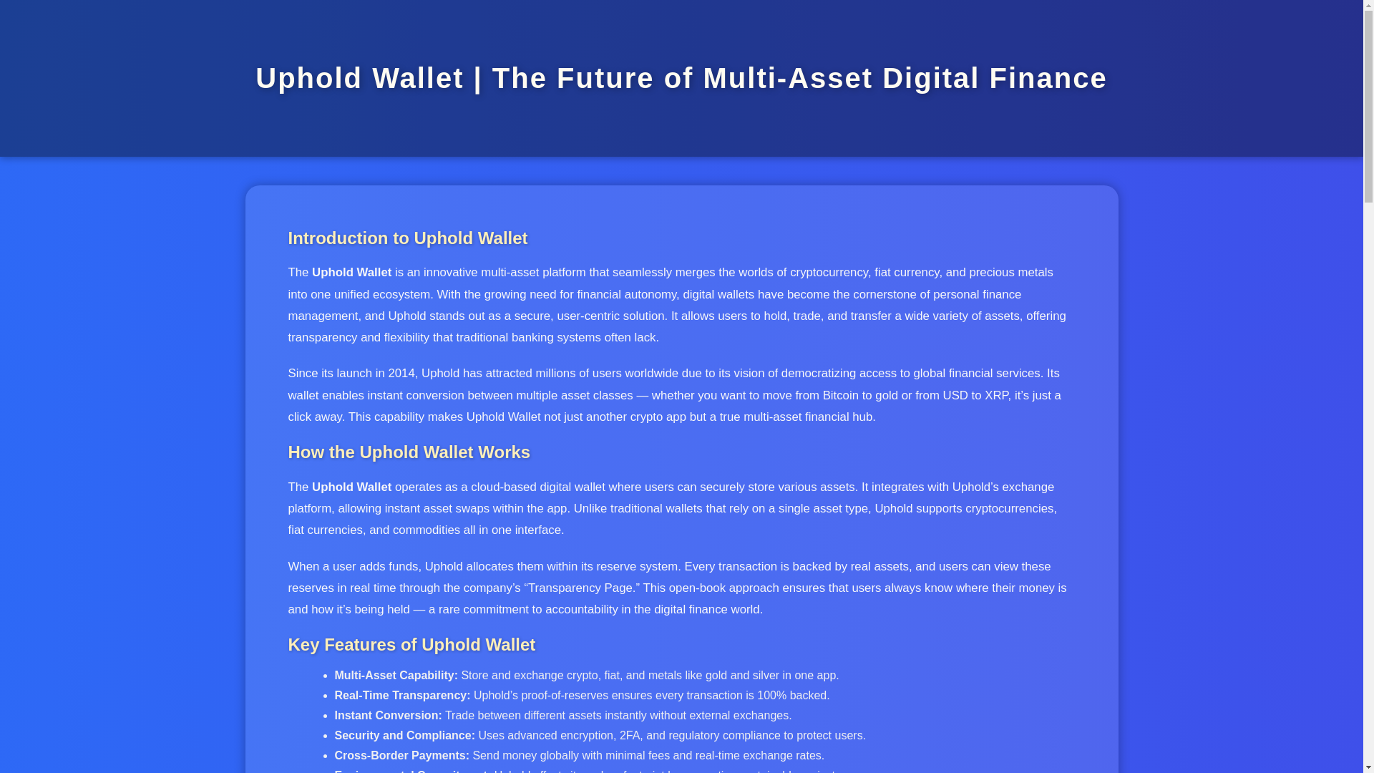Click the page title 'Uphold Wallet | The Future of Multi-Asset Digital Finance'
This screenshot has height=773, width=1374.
point(681,78)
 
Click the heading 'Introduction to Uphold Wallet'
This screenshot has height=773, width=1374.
point(407,238)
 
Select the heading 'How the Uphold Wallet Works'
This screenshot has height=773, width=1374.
point(409,452)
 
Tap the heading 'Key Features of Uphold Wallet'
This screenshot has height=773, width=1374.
point(411,645)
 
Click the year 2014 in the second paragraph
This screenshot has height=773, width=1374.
point(401,374)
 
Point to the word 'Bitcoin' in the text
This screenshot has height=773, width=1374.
point(840,396)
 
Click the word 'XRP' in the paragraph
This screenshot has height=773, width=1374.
point(996,396)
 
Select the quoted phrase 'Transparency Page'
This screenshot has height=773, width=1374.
point(580,588)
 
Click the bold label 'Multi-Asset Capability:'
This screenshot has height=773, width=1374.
point(396,676)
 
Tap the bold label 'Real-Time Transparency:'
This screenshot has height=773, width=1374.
point(402,696)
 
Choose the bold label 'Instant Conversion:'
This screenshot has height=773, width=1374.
point(388,716)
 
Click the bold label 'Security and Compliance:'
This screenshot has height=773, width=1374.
point(404,736)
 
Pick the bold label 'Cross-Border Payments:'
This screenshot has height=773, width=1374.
point(401,756)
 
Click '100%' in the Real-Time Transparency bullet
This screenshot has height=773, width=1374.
point(771,696)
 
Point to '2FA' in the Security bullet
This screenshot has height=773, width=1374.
point(630,736)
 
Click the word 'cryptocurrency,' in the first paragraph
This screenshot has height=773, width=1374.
point(829,273)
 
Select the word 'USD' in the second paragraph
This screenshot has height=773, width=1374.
point(955,396)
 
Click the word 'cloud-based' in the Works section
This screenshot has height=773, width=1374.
point(503,487)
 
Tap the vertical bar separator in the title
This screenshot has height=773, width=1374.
point(478,78)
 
